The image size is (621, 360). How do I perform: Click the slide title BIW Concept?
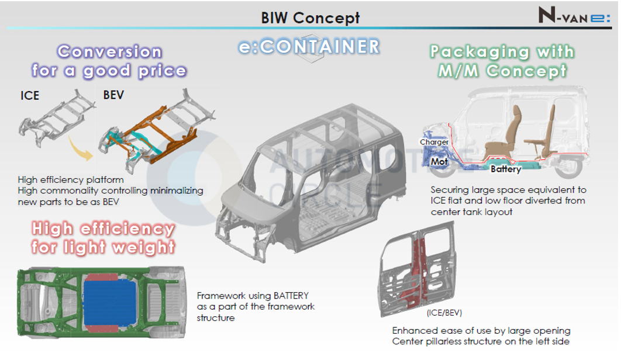coord(310,18)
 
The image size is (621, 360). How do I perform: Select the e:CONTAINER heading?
coord(309,46)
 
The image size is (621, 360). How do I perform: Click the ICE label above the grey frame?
coord(29,95)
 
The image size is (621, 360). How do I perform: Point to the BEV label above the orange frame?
coord(113,94)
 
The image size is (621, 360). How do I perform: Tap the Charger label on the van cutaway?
coord(434,142)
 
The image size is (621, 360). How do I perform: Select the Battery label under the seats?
coord(505,169)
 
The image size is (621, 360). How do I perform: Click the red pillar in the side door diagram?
coord(419,263)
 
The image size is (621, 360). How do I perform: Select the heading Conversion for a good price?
coord(109,61)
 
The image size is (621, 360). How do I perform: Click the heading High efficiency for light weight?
coord(103,237)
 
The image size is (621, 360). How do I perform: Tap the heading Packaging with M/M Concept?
coord(502,61)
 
